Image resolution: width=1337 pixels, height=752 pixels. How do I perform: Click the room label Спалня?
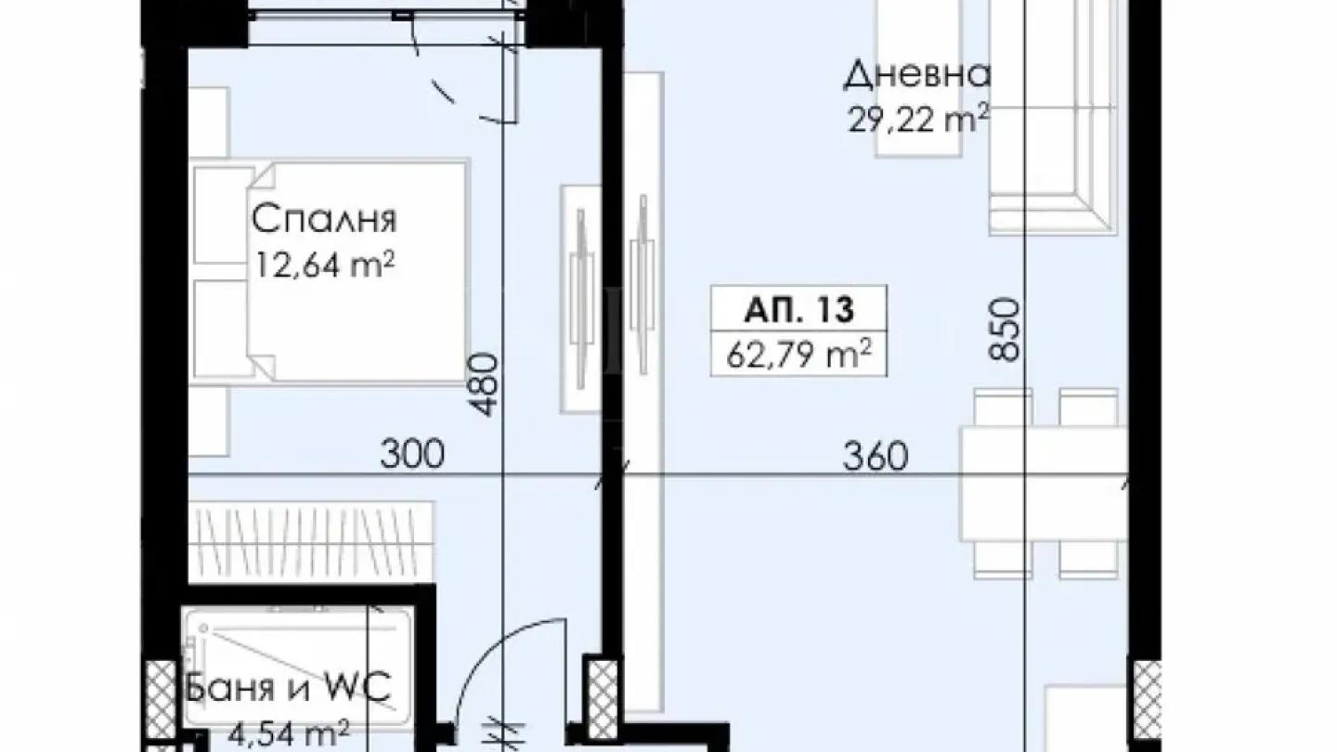pos(324,220)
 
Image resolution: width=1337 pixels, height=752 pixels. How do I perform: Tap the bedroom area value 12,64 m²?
pos(324,266)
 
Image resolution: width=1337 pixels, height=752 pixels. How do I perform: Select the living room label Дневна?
pos(917,75)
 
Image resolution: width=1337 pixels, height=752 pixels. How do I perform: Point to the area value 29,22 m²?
pos(917,118)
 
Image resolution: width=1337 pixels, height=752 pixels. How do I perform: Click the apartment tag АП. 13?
pos(798,309)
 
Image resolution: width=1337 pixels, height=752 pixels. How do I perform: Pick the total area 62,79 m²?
pos(798,354)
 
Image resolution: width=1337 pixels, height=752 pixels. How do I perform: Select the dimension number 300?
pos(411,455)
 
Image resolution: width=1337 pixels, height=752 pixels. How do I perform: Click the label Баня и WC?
pos(289,690)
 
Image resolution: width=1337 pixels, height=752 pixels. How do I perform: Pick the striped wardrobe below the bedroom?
pos(311,538)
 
